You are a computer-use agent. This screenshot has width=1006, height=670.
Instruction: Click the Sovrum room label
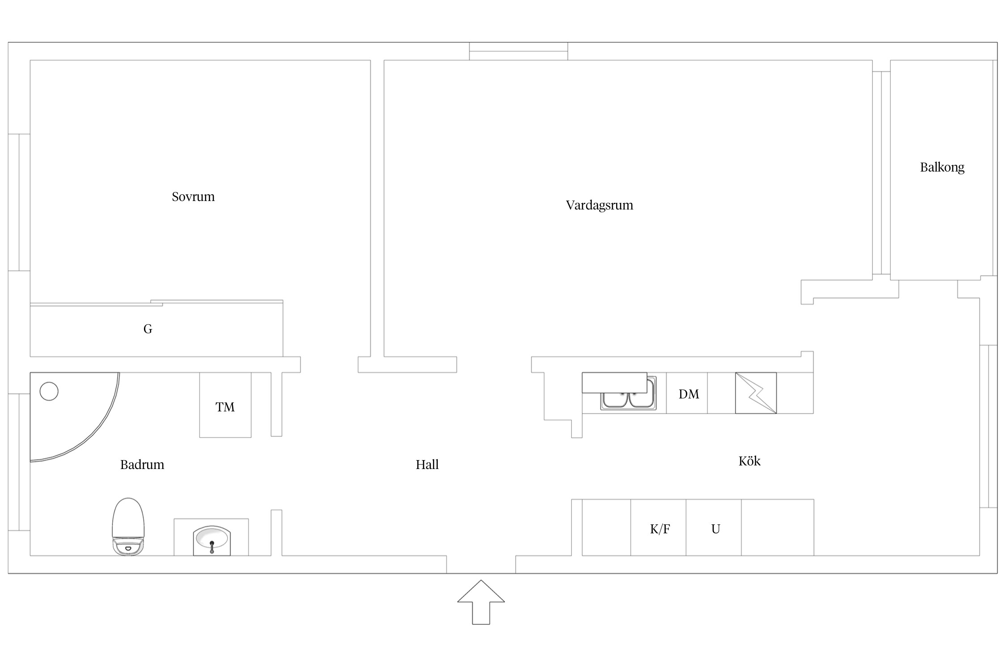tap(193, 197)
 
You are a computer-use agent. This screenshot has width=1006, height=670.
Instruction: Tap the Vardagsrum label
tap(600, 205)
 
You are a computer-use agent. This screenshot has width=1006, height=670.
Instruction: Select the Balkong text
tap(942, 167)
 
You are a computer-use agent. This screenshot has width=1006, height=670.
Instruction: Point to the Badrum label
tap(142, 465)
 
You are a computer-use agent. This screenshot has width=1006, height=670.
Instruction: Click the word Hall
tap(427, 465)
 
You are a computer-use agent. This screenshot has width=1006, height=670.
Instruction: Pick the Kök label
tap(749, 461)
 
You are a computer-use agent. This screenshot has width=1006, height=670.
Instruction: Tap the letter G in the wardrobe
tap(148, 329)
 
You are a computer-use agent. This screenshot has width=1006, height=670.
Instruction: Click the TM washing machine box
tap(225, 405)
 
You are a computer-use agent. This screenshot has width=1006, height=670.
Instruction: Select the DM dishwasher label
tap(689, 394)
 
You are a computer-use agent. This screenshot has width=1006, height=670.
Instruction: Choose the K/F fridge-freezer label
tap(660, 529)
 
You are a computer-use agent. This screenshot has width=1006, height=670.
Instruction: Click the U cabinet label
tap(715, 529)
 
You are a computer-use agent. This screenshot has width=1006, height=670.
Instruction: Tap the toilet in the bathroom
tap(128, 527)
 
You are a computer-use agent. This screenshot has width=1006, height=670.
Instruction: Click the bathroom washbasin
tap(212, 541)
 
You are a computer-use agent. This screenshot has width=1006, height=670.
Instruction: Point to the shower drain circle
tap(49, 391)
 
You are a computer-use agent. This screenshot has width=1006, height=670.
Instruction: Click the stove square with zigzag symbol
tap(756, 393)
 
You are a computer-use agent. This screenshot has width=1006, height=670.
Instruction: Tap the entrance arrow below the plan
tap(481, 602)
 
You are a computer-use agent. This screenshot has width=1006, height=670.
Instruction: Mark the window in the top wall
tap(519, 51)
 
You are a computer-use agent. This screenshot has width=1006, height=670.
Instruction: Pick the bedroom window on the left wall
tap(19, 202)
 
